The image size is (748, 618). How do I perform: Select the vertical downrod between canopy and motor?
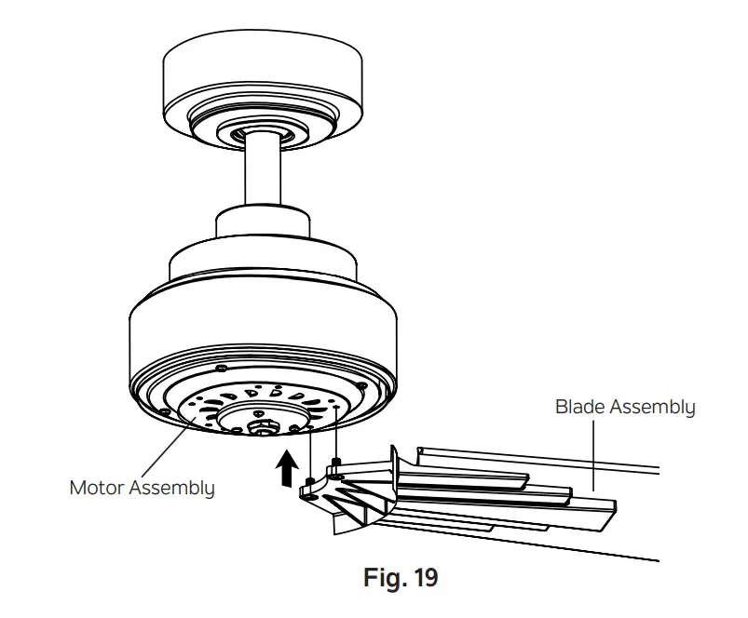263,177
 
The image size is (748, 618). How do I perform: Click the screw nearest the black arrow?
308,482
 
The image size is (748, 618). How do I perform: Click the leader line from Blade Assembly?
593,456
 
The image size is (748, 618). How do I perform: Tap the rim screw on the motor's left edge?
164,410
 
